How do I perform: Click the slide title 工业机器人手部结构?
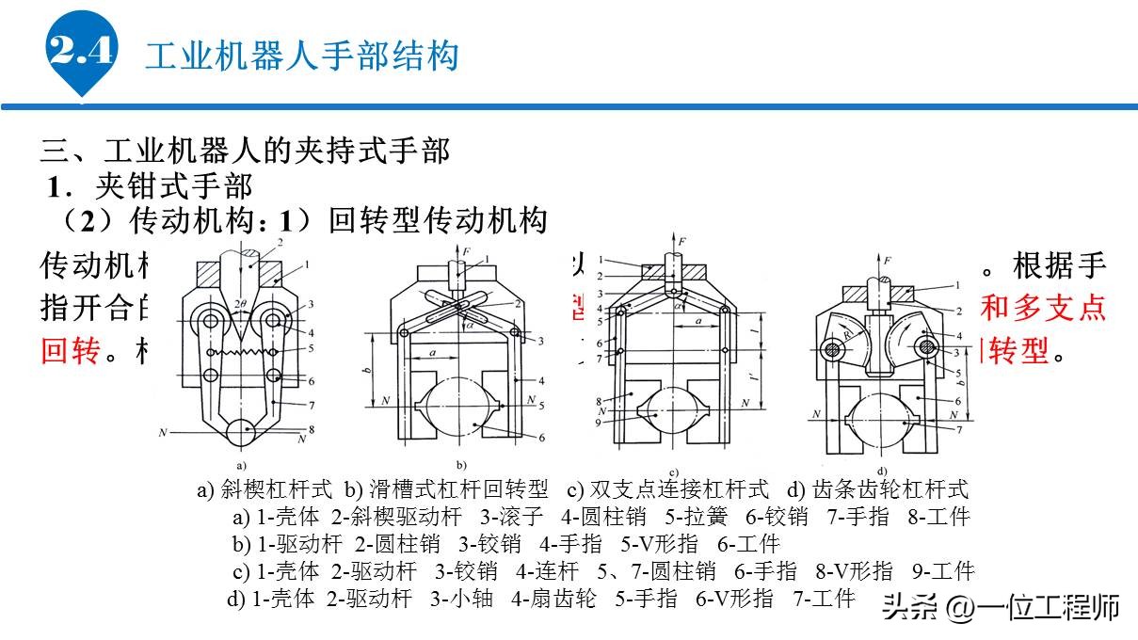[301, 56]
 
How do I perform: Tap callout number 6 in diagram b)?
[541, 438]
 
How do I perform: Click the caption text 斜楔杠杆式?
[277, 490]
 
